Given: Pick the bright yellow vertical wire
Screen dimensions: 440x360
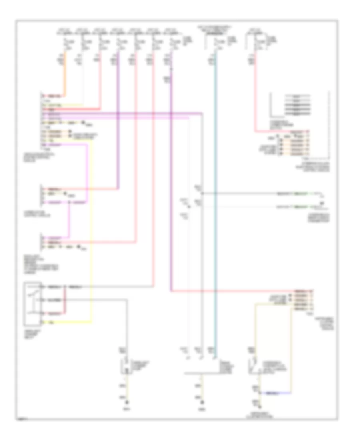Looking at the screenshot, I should pyautogui.click(x=92, y=240).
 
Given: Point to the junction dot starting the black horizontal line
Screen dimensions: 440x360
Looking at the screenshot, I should pyautogui.click(x=202, y=194).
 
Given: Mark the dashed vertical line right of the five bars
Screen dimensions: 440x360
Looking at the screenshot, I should pyautogui.click(x=330, y=124).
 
